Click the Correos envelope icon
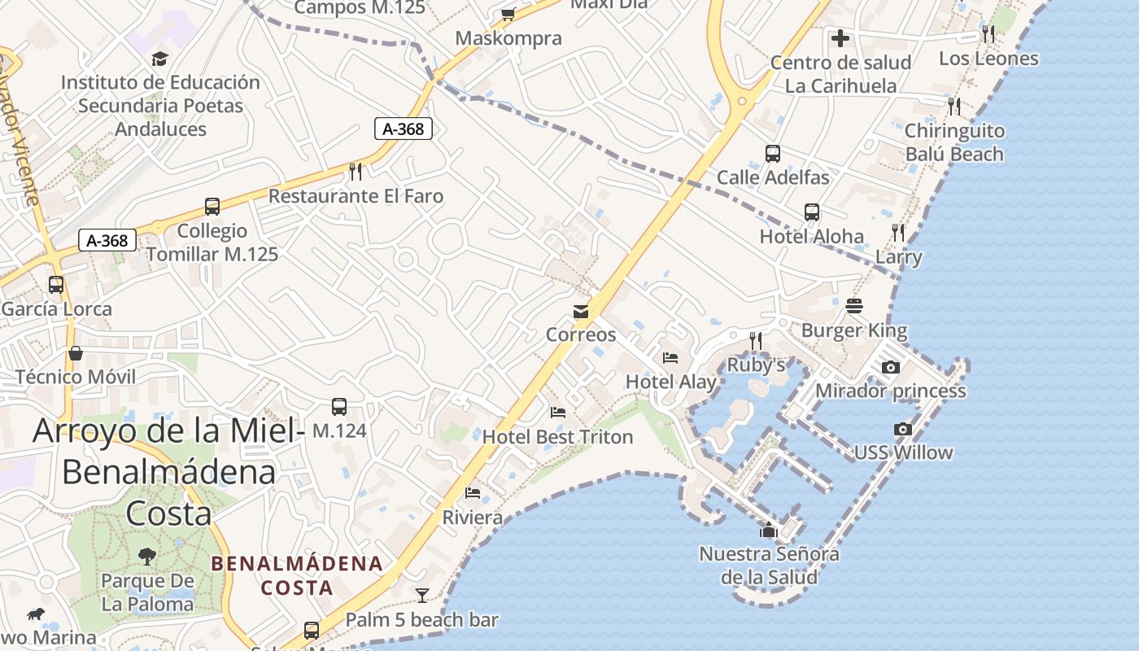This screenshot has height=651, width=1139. [581, 312]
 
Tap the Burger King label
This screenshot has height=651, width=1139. [854, 330]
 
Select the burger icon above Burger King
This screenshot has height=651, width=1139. [854, 306]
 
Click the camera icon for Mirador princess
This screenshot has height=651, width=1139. [891, 367]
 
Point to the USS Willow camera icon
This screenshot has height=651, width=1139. [902, 429]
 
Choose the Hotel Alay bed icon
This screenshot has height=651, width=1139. [670, 357]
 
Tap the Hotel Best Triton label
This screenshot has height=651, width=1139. [557, 437]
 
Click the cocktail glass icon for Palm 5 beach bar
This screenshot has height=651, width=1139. [422, 596]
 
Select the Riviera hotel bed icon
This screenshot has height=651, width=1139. [473, 492]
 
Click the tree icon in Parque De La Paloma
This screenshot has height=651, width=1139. [147, 557]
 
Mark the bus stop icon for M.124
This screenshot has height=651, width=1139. [339, 406]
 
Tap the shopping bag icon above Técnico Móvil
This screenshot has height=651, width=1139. [76, 352]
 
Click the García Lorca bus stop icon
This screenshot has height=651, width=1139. [56, 285]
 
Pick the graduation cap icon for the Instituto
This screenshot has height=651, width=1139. [159, 59]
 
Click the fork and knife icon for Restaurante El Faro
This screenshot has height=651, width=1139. [356, 171]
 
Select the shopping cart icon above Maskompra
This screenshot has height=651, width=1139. [508, 14]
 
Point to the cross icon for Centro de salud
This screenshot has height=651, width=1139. [840, 37]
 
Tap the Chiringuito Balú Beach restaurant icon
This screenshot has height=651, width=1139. [954, 106]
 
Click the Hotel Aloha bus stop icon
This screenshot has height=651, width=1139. [812, 212]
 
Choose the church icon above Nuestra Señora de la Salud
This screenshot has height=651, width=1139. [769, 531]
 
